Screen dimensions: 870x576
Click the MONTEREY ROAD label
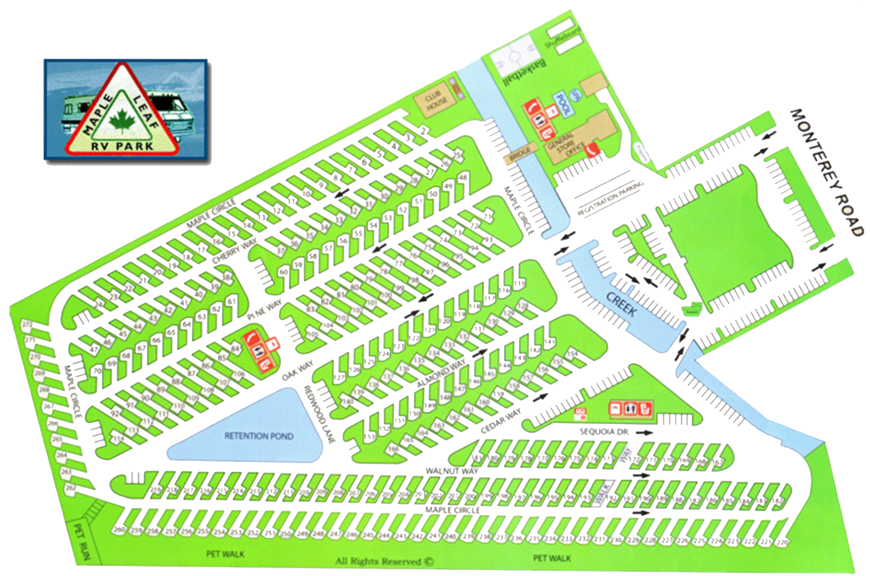tap(826, 172)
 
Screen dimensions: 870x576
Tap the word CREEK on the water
tap(621, 304)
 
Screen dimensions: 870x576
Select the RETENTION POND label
tap(258, 436)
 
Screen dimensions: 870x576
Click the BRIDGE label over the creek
tap(520, 154)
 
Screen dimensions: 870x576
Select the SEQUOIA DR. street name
tap(604, 431)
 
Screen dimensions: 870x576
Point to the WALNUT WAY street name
tap(451, 471)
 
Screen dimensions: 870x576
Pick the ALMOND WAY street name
tap(441, 374)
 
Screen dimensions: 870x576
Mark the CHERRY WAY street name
tap(235, 251)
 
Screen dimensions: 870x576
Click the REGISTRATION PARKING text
tap(610, 198)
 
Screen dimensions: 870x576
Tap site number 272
tap(27, 325)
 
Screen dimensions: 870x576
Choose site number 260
tap(119, 531)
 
